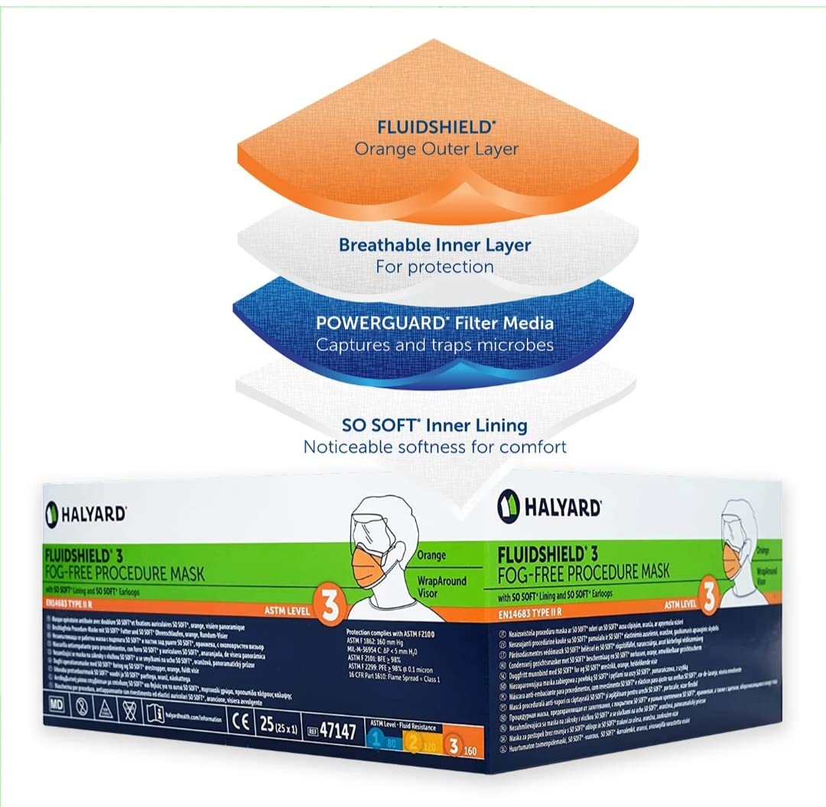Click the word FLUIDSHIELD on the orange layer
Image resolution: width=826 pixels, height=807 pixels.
pyautogui.click(x=413, y=127)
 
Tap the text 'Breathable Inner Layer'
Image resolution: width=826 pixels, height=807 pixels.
pyautogui.click(x=435, y=246)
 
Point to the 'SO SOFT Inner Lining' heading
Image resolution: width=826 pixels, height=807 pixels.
pyautogui.click(x=435, y=425)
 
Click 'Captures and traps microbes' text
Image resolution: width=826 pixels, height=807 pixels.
pyautogui.click(x=434, y=345)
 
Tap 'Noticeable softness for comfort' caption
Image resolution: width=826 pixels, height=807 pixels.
pyautogui.click(x=435, y=446)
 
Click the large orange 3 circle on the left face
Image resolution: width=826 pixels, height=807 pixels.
pyautogui.click(x=330, y=603)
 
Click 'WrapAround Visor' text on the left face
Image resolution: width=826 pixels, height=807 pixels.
pyautogui.click(x=441, y=586)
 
